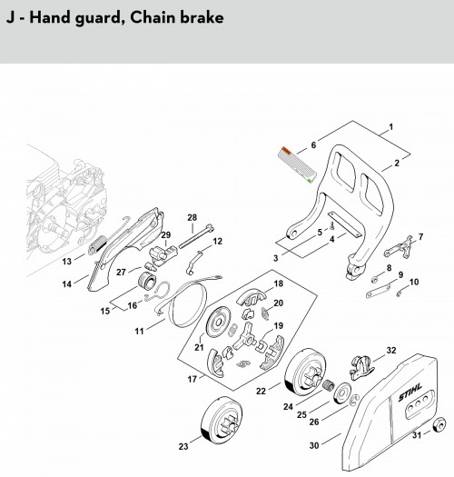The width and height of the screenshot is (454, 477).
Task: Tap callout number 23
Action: (x=183, y=447)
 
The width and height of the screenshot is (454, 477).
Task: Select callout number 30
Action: (x=314, y=445)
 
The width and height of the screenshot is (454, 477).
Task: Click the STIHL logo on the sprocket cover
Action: (x=410, y=393)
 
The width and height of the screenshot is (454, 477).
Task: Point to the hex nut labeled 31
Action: (x=439, y=424)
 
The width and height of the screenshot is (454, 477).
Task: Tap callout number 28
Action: (x=192, y=217)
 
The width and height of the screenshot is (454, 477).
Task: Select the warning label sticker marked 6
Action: (x=297, y=164)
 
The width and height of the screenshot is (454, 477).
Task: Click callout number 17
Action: (x=192, y=380)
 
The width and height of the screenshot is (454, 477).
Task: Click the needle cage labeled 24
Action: (x=328, y=386)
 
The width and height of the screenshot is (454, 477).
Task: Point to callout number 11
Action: (x=139, y=331)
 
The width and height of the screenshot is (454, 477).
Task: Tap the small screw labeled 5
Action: (x=331, y=225)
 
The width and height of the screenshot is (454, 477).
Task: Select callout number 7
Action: (x=420, y=236)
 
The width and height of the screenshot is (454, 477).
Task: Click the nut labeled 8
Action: (x=375, y=278)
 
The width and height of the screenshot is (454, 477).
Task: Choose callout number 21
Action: (x=199, y=347)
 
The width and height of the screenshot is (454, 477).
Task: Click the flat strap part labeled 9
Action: (x=378, y=291)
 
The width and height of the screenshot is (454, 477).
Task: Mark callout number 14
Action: (x=66, y=283)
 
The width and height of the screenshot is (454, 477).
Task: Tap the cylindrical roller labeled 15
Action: (x=147, y=282)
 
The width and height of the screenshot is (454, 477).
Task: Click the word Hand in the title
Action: (x=50, y=17)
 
